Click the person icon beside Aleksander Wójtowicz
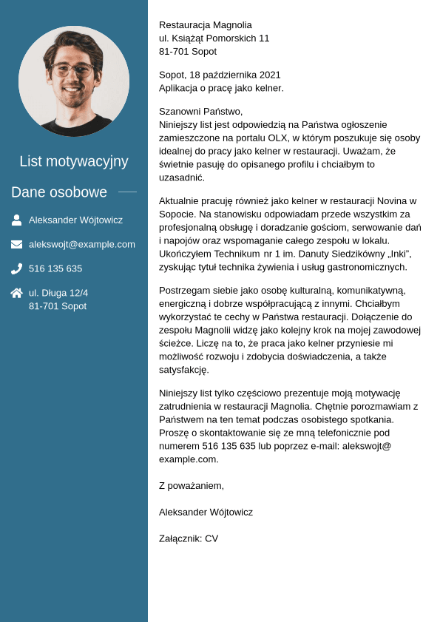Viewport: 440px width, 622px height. [x=16, y=220]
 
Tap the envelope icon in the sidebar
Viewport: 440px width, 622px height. [x=16, y=244]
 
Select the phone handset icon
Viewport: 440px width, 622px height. [x=16, y=268]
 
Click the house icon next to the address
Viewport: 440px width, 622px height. [x=16, y=293]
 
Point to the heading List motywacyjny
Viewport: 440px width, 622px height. [x=74, y=161]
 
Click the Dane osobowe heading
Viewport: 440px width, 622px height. [x=59, y=192]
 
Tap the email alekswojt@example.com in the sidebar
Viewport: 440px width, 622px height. [x=82, y=244]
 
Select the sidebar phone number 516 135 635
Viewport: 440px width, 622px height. [x=55, y=268]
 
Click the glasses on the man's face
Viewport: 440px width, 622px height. [x=72, y=70]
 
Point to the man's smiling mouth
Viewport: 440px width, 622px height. [x=72, y=89]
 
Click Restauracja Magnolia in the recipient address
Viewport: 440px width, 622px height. [x=206, y=24]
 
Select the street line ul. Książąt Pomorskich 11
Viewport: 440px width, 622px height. [x=214, y=38]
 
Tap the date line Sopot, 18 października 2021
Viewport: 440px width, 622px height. [x=220, y=75]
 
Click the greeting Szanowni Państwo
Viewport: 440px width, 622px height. [x=200, y=111]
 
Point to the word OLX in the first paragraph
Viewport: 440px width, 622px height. [x=278, y=138]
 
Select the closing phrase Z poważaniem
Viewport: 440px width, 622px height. [x=192, y=485]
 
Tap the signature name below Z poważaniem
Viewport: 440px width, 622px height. [x=206, y=512]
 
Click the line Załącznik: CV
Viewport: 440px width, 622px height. [x=189, y=538]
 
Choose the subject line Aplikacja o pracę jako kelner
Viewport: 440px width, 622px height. [x=221, y=88]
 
